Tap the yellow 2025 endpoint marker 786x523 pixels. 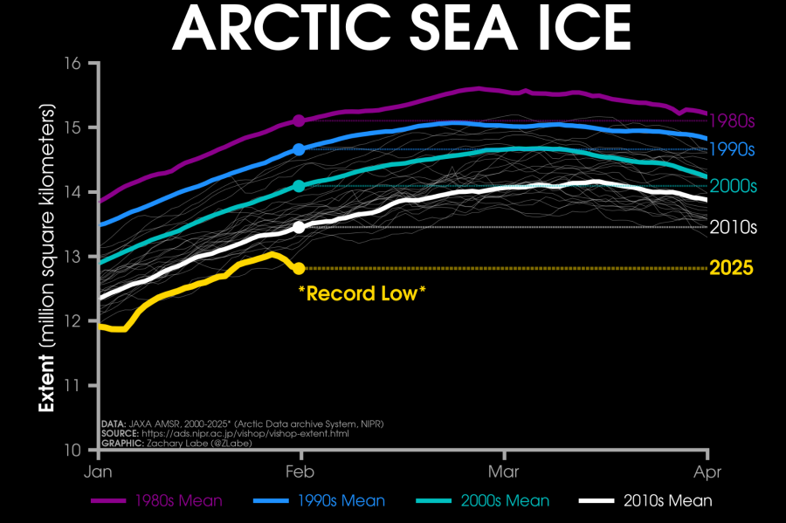[x=299, y=268]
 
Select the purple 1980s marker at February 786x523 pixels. [x=299, y=120]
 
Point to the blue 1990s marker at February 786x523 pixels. [x=299, y=149]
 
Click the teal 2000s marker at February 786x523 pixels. [x=299, y=186]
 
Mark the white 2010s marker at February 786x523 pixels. [x=299, y=227]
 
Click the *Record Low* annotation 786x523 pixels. [x=362, y=293]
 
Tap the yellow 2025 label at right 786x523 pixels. [x=732, y=268]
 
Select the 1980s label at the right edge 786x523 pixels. [x=732, y=120]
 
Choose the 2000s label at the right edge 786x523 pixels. [x=732, y=186]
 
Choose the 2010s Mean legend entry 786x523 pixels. [x=646, y=501]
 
